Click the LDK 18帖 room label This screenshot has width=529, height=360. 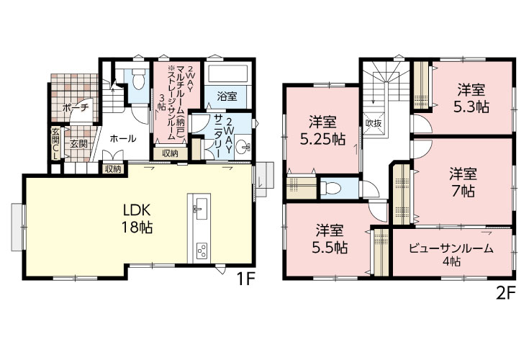pyautogui.click(x=137, y=219)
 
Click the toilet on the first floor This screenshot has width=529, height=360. pyautogui.click(x=137, y=79)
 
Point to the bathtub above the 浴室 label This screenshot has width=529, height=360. pyautogui.click(x=227, y=73)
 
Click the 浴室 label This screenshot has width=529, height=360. pyautogui.click(x=227, y=96)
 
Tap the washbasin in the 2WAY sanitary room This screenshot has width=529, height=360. pyautogui.click(x=243, y=146)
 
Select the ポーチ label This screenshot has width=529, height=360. pyautogui.click(x=76, y=108)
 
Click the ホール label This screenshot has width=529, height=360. pyautogui.click(x=123, y=138)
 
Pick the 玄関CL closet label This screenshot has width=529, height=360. pyautogui.click(x=55, y=143)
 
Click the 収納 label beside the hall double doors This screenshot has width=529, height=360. pyautogui.click(x=113, y=169)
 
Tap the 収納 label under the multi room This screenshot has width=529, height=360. pyautogui.click(x=170, y=153)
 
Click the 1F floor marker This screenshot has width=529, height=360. pyautogui.click(x=244, y=279)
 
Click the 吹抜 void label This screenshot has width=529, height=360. pyautogui.click(x=374, y=123)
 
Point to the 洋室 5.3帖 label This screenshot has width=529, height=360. pyautogui.click(x=471, y=99)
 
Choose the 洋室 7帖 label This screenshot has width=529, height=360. pyautogui.click(x=463, y=183)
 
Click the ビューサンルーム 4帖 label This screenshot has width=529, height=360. pyautogui.click(x=451, y=254)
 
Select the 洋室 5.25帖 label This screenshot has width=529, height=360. pyautogui.click(x=322, y=130)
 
